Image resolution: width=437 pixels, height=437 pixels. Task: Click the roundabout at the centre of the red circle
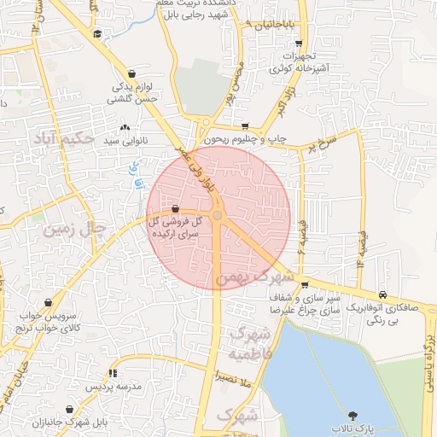pos(218,216)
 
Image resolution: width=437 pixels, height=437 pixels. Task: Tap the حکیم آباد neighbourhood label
pos(61,137)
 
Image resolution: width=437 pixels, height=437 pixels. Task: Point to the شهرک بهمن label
pos(254,278)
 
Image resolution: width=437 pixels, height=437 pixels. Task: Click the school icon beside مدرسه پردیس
pos(114,373)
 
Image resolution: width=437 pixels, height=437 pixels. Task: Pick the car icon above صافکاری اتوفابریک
pos(383,295)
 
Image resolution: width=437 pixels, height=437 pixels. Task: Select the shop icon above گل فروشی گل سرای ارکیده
pos(175,208)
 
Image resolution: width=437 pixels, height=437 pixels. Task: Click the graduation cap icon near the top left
pos(97,33)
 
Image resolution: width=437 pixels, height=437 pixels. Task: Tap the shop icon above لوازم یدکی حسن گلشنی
pos(132,74)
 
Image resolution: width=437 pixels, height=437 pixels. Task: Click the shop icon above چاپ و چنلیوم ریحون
pos(246,125)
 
